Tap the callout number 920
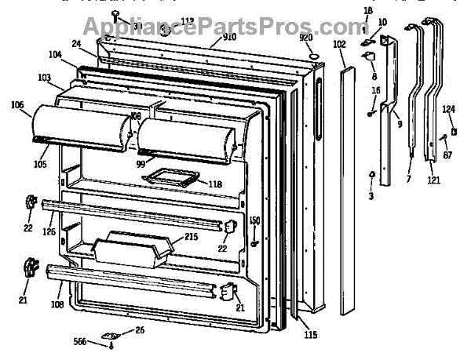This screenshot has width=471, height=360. [x=306, y=36]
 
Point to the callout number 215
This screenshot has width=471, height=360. [x=192, y=236]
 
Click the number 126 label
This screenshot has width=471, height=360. [x=49, y=231]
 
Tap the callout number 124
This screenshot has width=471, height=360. [x=448, y=109]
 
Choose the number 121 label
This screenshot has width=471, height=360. [x=434, y=180]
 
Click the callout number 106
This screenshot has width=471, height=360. [x=18, y=104]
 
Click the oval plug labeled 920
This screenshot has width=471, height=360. [x=312, y=56]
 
